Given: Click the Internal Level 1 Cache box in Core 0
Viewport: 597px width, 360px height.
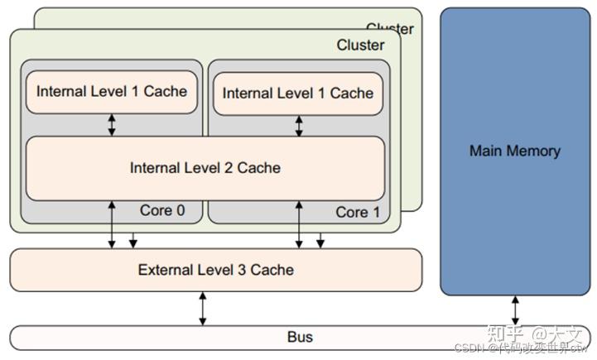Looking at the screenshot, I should [x=112, y=92].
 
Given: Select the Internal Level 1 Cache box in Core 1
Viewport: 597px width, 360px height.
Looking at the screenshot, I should [x=298, y=94].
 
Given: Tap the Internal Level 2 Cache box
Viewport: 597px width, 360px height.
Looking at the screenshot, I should [x=205, y=168].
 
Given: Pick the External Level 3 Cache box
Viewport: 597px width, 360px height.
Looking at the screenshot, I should [x=215, y=270].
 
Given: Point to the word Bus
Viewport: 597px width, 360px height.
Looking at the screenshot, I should [x=300, y=338].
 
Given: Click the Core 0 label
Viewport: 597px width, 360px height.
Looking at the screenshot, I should [x=162, y=210].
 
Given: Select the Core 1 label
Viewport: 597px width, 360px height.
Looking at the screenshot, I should [x=358, y=212].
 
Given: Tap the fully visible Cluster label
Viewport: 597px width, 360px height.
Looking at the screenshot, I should [x=360, y=45].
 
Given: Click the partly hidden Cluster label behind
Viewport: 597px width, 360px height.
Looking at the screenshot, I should [x=390, y=28].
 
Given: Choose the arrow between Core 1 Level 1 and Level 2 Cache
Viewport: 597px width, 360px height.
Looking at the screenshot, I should [x=299, y=126].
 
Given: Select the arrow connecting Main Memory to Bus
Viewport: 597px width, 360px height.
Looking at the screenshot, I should [x=515, y=310].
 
